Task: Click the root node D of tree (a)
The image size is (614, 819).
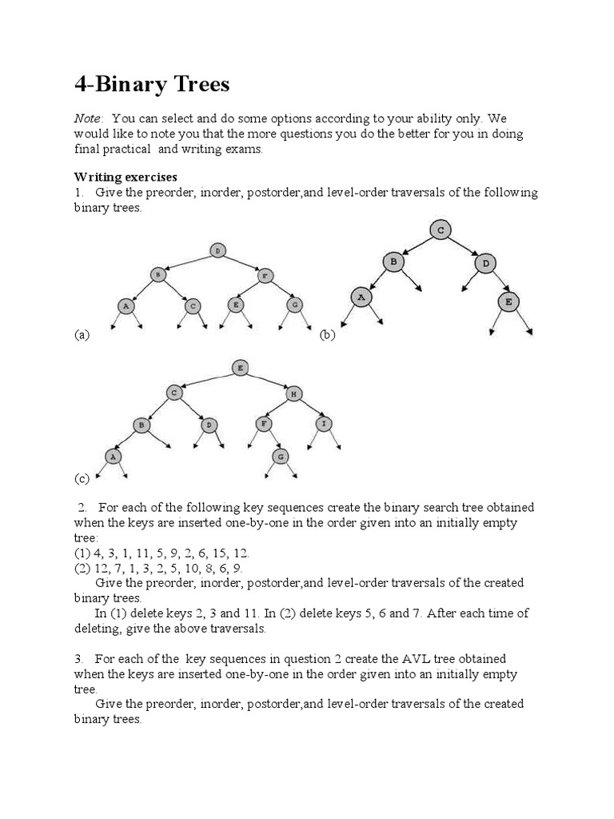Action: click(x=217, y=250)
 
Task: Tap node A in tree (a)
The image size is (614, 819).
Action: click(x=126, y=305)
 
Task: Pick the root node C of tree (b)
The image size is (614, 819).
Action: click(x=440, y=230)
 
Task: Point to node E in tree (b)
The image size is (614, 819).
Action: click(x=508, y=302)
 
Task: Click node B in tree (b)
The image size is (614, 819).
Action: click(x=393, y=261)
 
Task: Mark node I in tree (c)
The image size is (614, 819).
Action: click(x=325, y=423)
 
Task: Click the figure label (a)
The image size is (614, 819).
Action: click(x=82, y=335)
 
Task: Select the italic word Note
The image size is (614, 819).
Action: click(x=88, y=118)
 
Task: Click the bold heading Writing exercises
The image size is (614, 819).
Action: click(x=126, y=177)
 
